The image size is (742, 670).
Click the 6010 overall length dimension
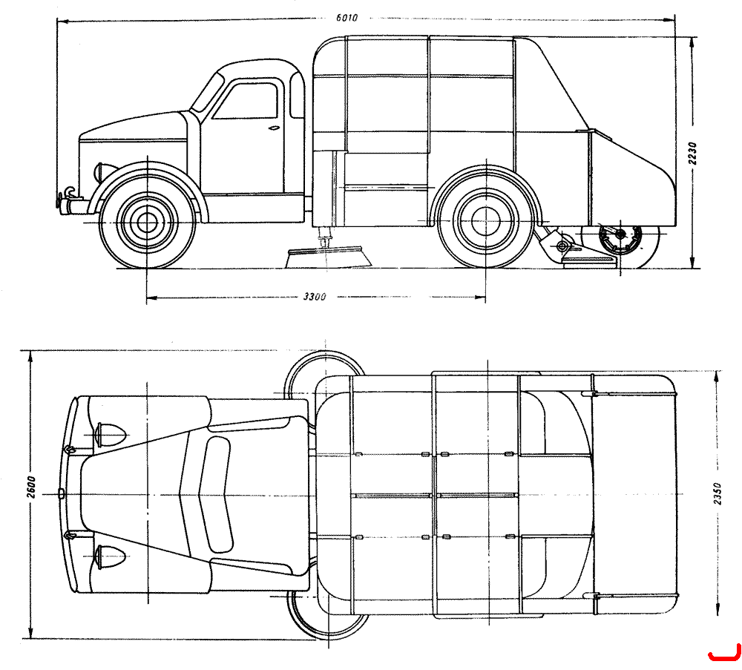[347, 18]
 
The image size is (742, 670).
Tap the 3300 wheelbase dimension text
[315, 297]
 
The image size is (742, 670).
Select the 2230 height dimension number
[692, 154]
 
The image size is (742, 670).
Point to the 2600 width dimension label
[30, 487]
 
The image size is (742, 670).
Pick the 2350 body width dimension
[717, 493]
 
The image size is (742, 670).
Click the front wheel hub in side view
[147, 222]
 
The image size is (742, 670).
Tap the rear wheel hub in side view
[486, 221]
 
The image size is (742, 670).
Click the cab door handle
[274, 128]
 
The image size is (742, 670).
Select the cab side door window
[246, 101]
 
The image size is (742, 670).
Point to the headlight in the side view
[102, 171]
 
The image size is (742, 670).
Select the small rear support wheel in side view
[621, 239]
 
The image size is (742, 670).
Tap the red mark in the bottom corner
[724, 653]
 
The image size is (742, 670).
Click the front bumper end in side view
[58, 203]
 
